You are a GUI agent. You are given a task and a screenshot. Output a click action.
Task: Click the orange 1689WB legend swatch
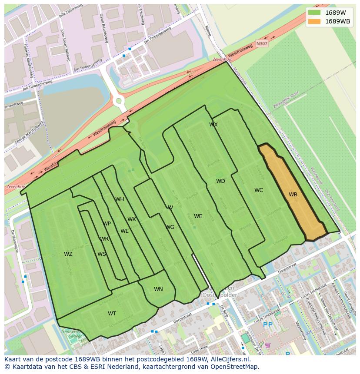[314, 21]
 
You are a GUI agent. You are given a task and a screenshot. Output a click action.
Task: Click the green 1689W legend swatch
[314, 13]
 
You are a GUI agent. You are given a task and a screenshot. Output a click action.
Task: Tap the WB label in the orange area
[293, 195]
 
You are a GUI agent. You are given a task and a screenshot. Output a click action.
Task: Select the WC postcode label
[259, 190]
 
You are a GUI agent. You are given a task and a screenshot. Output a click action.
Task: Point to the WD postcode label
[220, 181]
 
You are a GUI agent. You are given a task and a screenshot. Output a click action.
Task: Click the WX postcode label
[213, 125]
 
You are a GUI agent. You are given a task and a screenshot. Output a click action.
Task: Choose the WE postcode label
[198, 216]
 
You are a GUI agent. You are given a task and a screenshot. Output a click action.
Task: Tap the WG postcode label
[170, 227]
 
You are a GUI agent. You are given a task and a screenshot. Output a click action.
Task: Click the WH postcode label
[120, 199]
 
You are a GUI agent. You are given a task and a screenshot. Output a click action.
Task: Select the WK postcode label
[132, 219]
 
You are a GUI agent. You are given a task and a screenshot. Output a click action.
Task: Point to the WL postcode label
[124, 231]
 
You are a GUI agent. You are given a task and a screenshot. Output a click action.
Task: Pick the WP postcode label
[107, 224]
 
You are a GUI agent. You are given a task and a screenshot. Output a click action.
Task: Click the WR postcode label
[104, 239]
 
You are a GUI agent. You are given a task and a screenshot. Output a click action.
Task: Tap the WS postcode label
[101, 254]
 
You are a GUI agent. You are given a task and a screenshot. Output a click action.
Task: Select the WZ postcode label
[68, 254]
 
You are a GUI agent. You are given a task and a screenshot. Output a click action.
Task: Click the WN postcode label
[158, 289]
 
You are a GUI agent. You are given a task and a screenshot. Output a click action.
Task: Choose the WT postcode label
[112, 314]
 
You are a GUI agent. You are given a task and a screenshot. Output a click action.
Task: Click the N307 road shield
[262, 43]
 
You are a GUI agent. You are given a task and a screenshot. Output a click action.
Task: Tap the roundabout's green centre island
[118, 101]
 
